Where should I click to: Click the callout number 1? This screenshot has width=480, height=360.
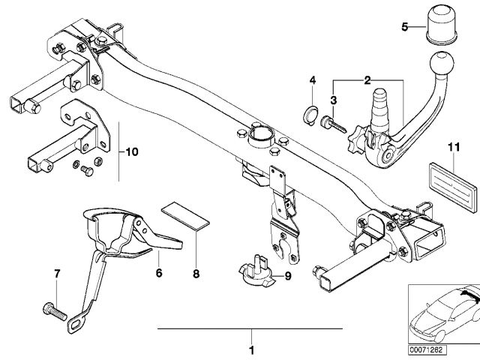[x=252, y=349]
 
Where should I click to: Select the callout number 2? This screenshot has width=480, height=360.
[x=367, y=79]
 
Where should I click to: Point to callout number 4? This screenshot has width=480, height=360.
[x=313, y=80]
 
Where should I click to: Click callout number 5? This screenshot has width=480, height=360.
[x=405, y=28]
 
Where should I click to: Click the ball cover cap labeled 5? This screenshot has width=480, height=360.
[x=439, y=28]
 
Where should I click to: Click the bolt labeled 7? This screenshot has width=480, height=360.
[x=53, y=308]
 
